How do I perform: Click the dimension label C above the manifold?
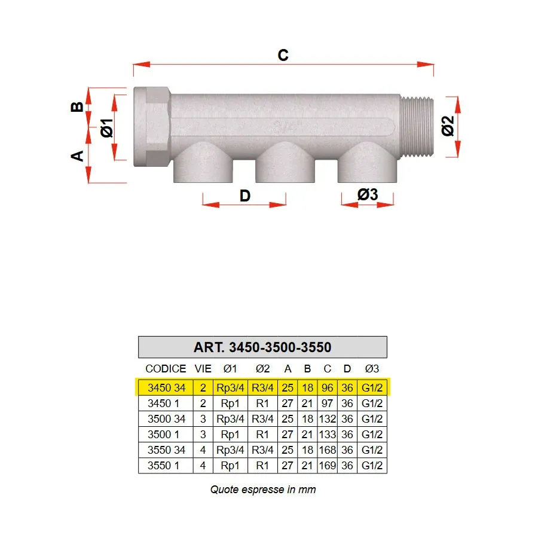coord(283,55)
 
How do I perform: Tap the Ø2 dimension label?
coord(448,126)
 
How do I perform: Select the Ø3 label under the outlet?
coord(368,194)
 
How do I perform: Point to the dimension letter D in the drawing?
coord(245,196)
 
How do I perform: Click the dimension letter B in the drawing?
coord(77,107)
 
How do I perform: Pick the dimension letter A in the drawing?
coord(77,156)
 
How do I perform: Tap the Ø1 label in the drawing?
coord(107,128)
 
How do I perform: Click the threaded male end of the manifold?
coord(417,127)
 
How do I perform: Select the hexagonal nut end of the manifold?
coord(152,127)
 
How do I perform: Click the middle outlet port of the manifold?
coord(285,162)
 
